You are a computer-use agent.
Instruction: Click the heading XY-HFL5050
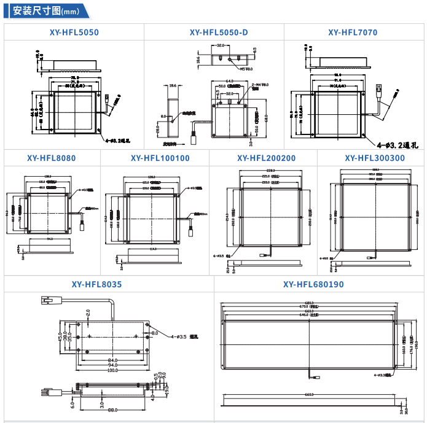click(74, 33)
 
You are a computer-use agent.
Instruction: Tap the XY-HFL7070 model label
click(353, 33)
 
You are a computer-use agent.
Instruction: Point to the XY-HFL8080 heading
click(52, 158)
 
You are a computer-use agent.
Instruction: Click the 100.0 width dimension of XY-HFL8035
click(112, 370)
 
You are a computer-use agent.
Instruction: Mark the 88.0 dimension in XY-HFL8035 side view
click(113, 410)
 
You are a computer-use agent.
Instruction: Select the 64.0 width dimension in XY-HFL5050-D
click(229, 81)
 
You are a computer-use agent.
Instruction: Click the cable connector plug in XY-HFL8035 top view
click(47, 300)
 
